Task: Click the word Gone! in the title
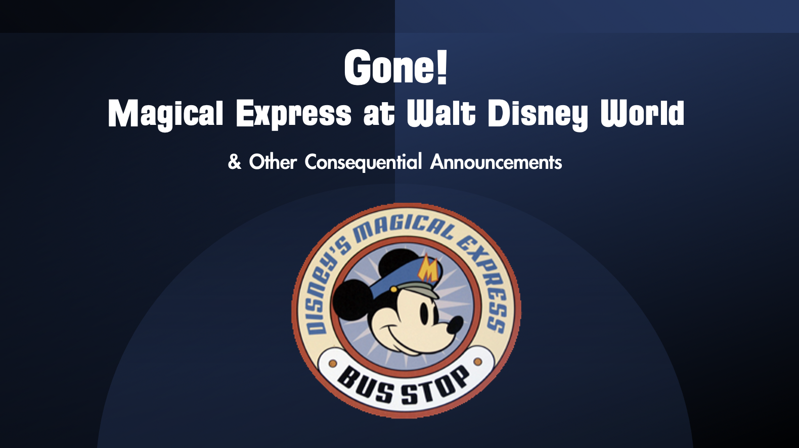click(395, 67)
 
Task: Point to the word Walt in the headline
click(441, 113)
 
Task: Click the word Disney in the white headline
click(538, 115)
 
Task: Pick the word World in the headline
click(642, 113)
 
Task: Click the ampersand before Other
click(234, 162)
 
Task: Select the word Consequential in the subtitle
click(364, 162)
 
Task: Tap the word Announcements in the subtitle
click(496, 162)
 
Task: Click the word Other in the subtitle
click(273, 162)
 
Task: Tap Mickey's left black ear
click(351, 300)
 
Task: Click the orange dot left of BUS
click(333, 364)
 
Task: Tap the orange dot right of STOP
click(477, 362)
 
